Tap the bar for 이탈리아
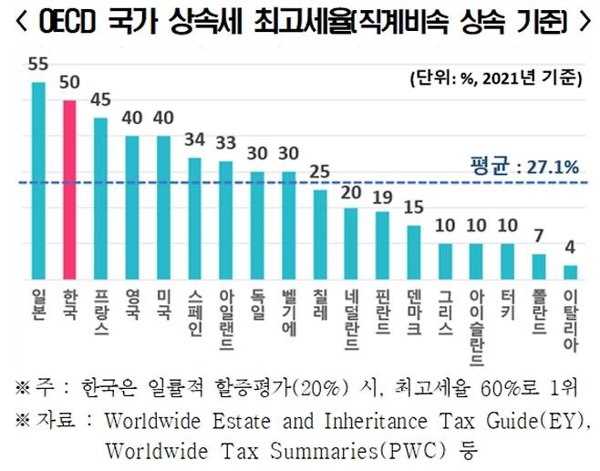[570, 271]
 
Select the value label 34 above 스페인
[194, 141]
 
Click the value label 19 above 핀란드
[381, 195]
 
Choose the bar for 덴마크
[413, 251]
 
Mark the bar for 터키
[507, 261]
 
